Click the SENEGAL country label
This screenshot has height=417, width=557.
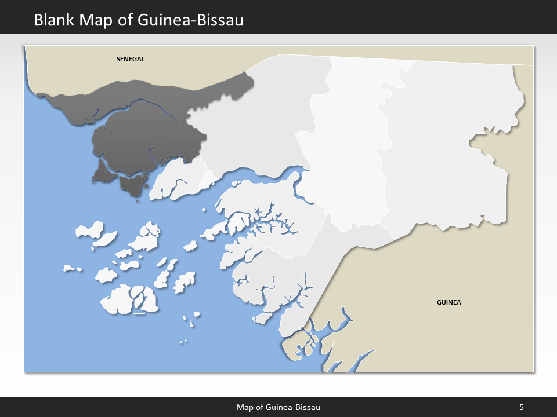point(130,59)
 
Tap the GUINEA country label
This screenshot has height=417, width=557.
point(449,302)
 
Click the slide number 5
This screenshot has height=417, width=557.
point(521,407)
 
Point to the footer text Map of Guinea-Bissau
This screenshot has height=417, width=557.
point(278,407)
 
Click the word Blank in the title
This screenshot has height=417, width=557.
point(54,20)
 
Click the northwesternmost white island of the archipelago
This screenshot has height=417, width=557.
point(90,231)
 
